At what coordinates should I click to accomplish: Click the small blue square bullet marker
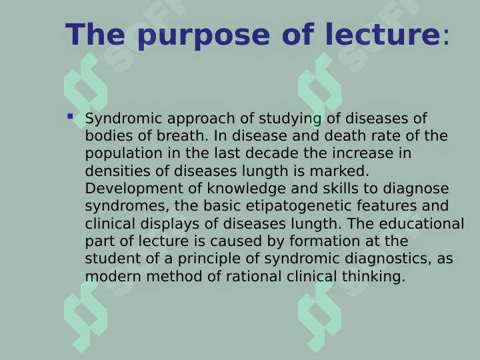[x=70, y=117]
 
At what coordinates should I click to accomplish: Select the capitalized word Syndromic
[x=123, y=119]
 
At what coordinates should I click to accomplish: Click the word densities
[x=116, y=171]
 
